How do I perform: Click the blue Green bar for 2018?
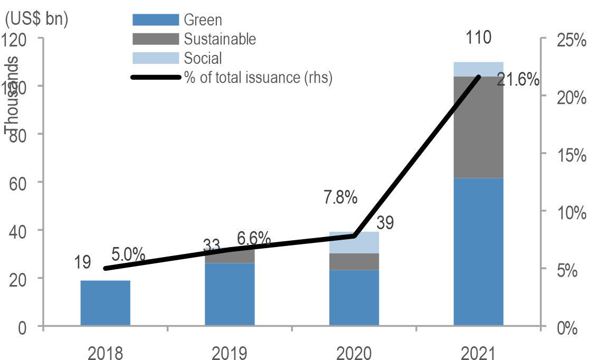pyautogui.click(x=106, y=303)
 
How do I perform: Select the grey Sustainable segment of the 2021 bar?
pyautogui.click(x=478, y=127)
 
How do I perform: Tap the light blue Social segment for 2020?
pyautogui.click(x=354, y=242)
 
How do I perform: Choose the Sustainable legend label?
pyautogui.click(x=220, y=39)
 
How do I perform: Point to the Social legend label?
pyautogui.click(x=203, y=58)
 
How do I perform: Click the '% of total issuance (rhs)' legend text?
pyautogui.click(x=258, y=78)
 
